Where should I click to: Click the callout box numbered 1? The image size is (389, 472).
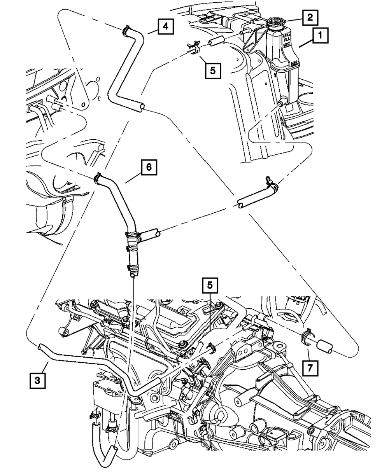tap(320, 37)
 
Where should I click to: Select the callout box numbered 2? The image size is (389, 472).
tap(310, 17)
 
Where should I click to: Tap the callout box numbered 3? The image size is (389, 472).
tap(37, 380)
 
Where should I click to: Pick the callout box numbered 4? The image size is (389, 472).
tap(165, 27)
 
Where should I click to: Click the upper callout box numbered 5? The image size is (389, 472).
tap(212, 71)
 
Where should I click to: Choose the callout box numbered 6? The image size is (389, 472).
tap(149, 168)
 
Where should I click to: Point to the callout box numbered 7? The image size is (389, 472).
tap(309, 367)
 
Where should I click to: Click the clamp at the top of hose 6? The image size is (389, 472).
tap(97, 178)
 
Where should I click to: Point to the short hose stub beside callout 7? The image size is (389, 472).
tap(324, 347)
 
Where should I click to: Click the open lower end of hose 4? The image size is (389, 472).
tap(142, 106)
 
